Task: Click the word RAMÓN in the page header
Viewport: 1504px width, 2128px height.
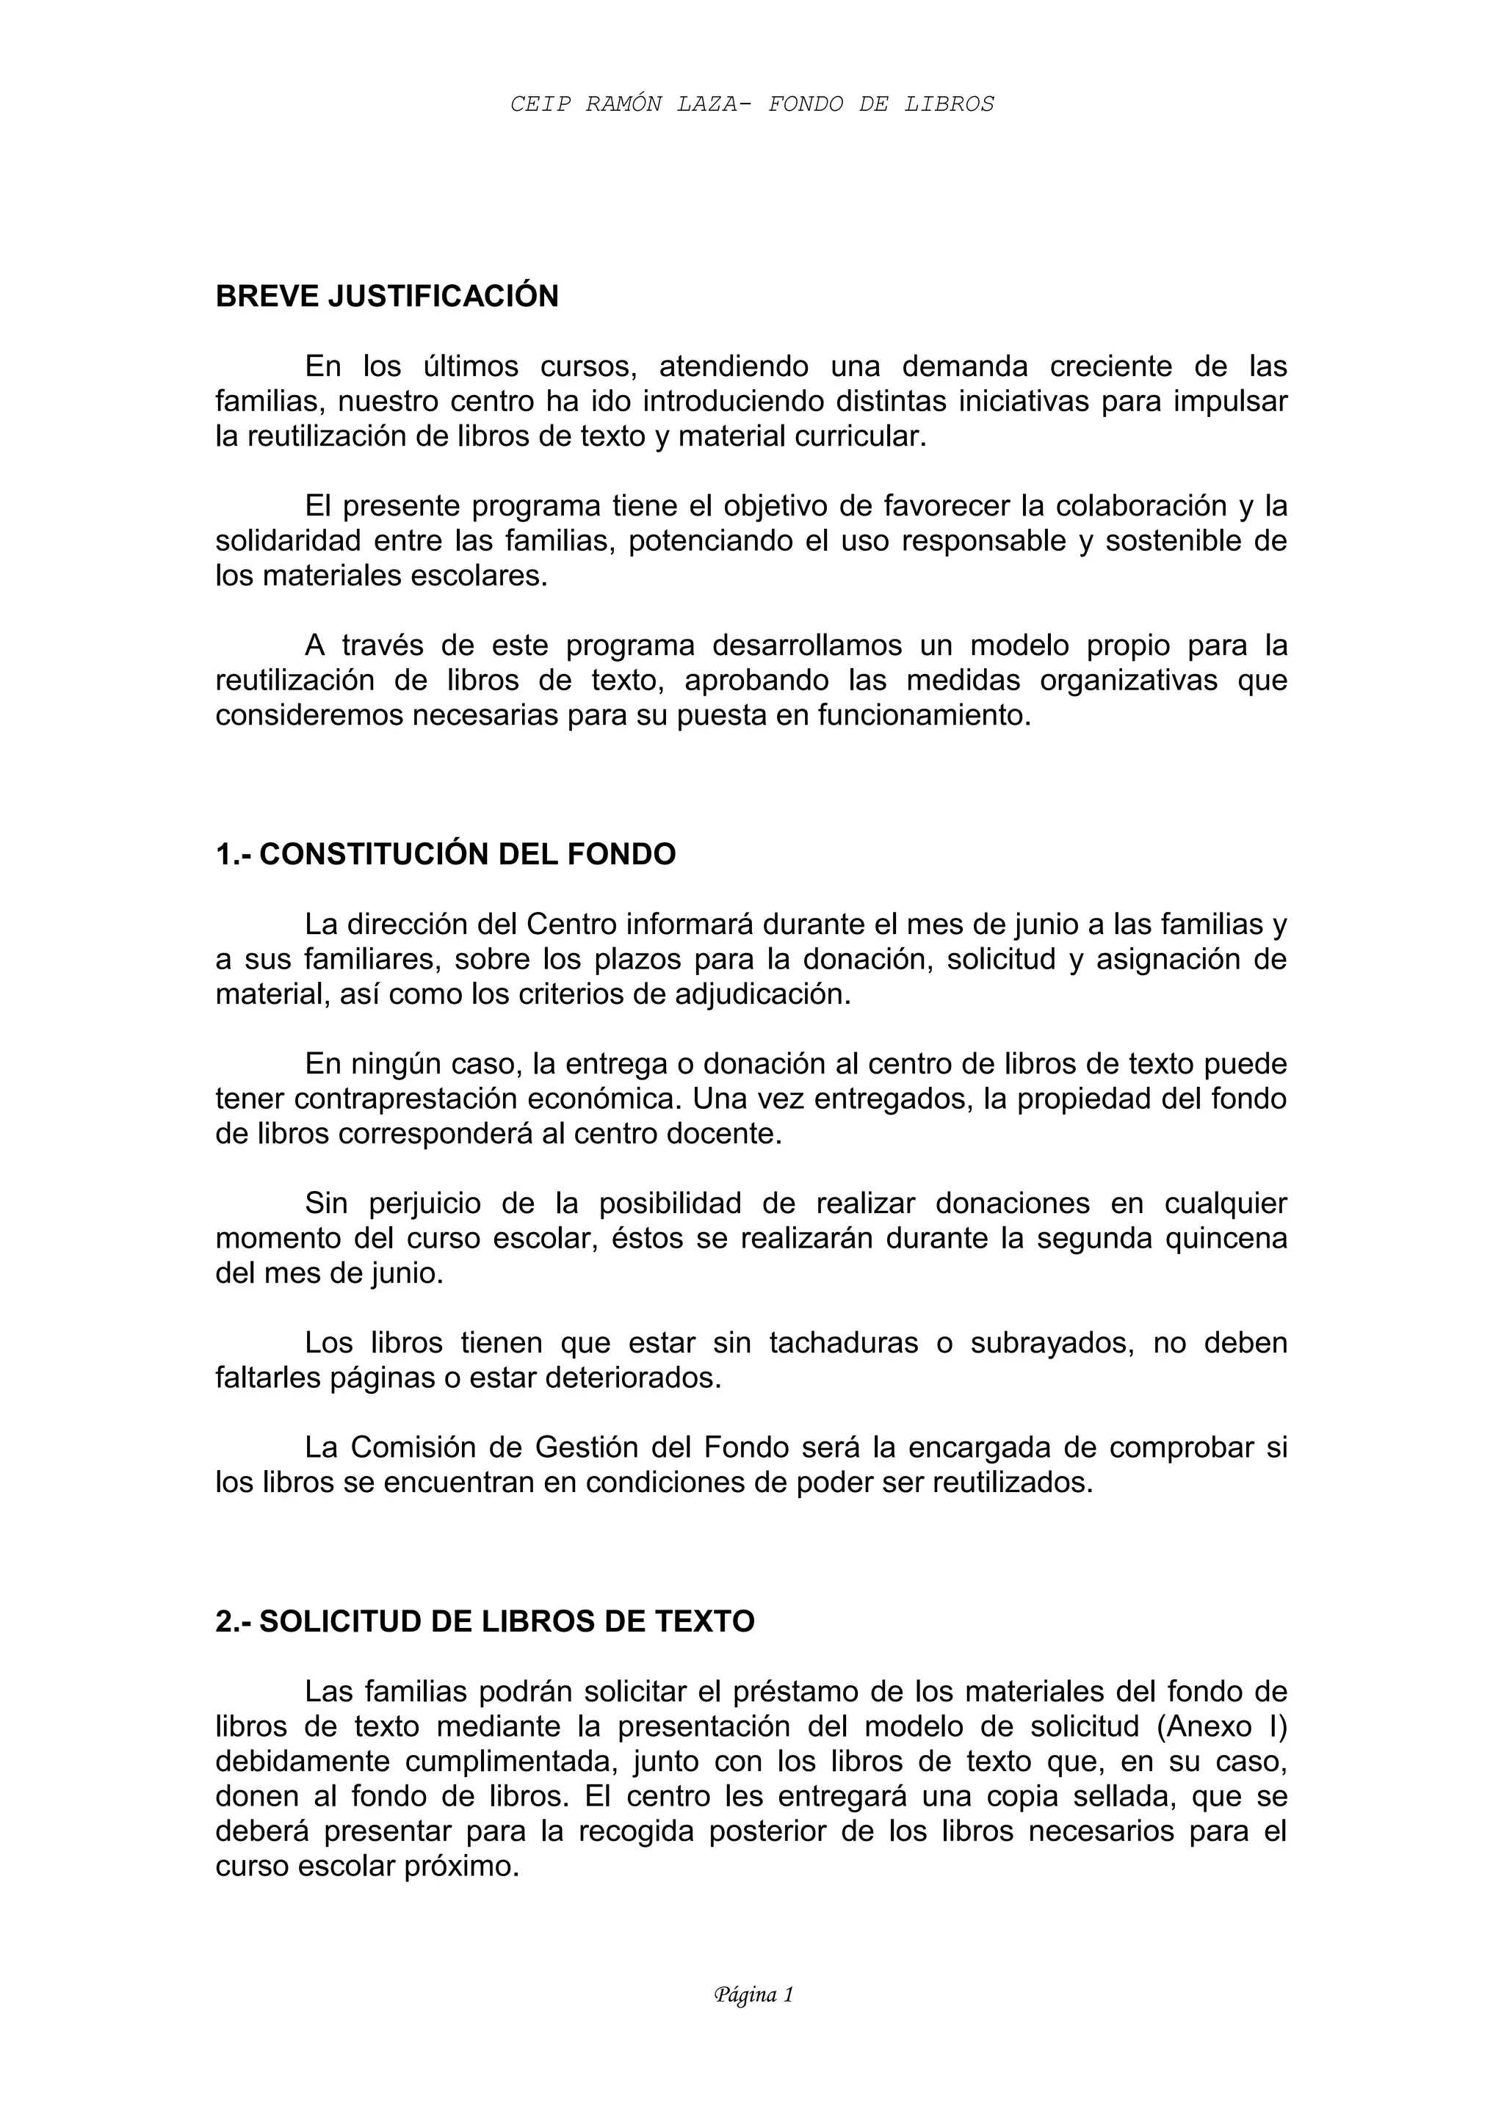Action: pos(623,105)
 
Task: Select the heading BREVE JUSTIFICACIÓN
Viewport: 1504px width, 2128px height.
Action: pos(386,297)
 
